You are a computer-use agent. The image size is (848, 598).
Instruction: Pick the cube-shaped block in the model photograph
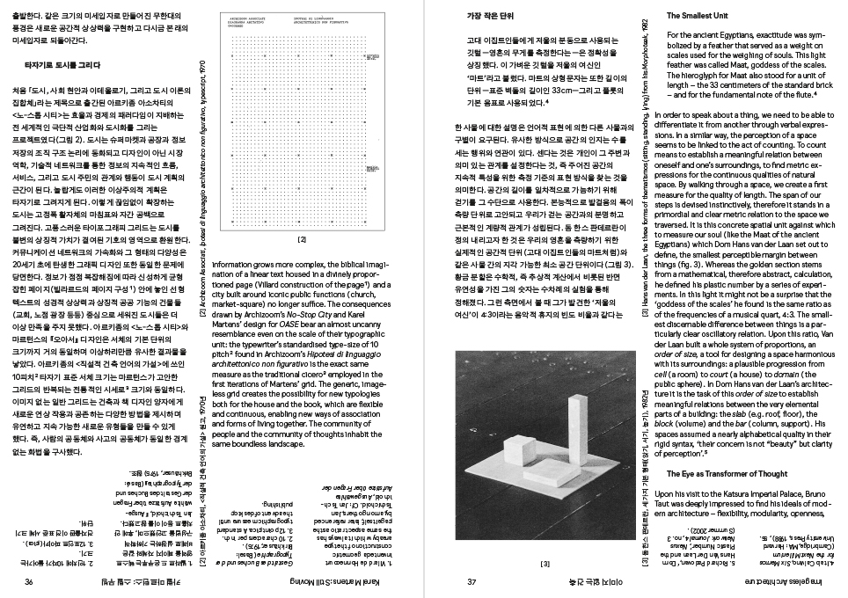[525, 463]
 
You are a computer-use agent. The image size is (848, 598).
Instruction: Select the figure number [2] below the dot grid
[302, 238]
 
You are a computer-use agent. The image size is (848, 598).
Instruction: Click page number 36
[29, 583]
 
